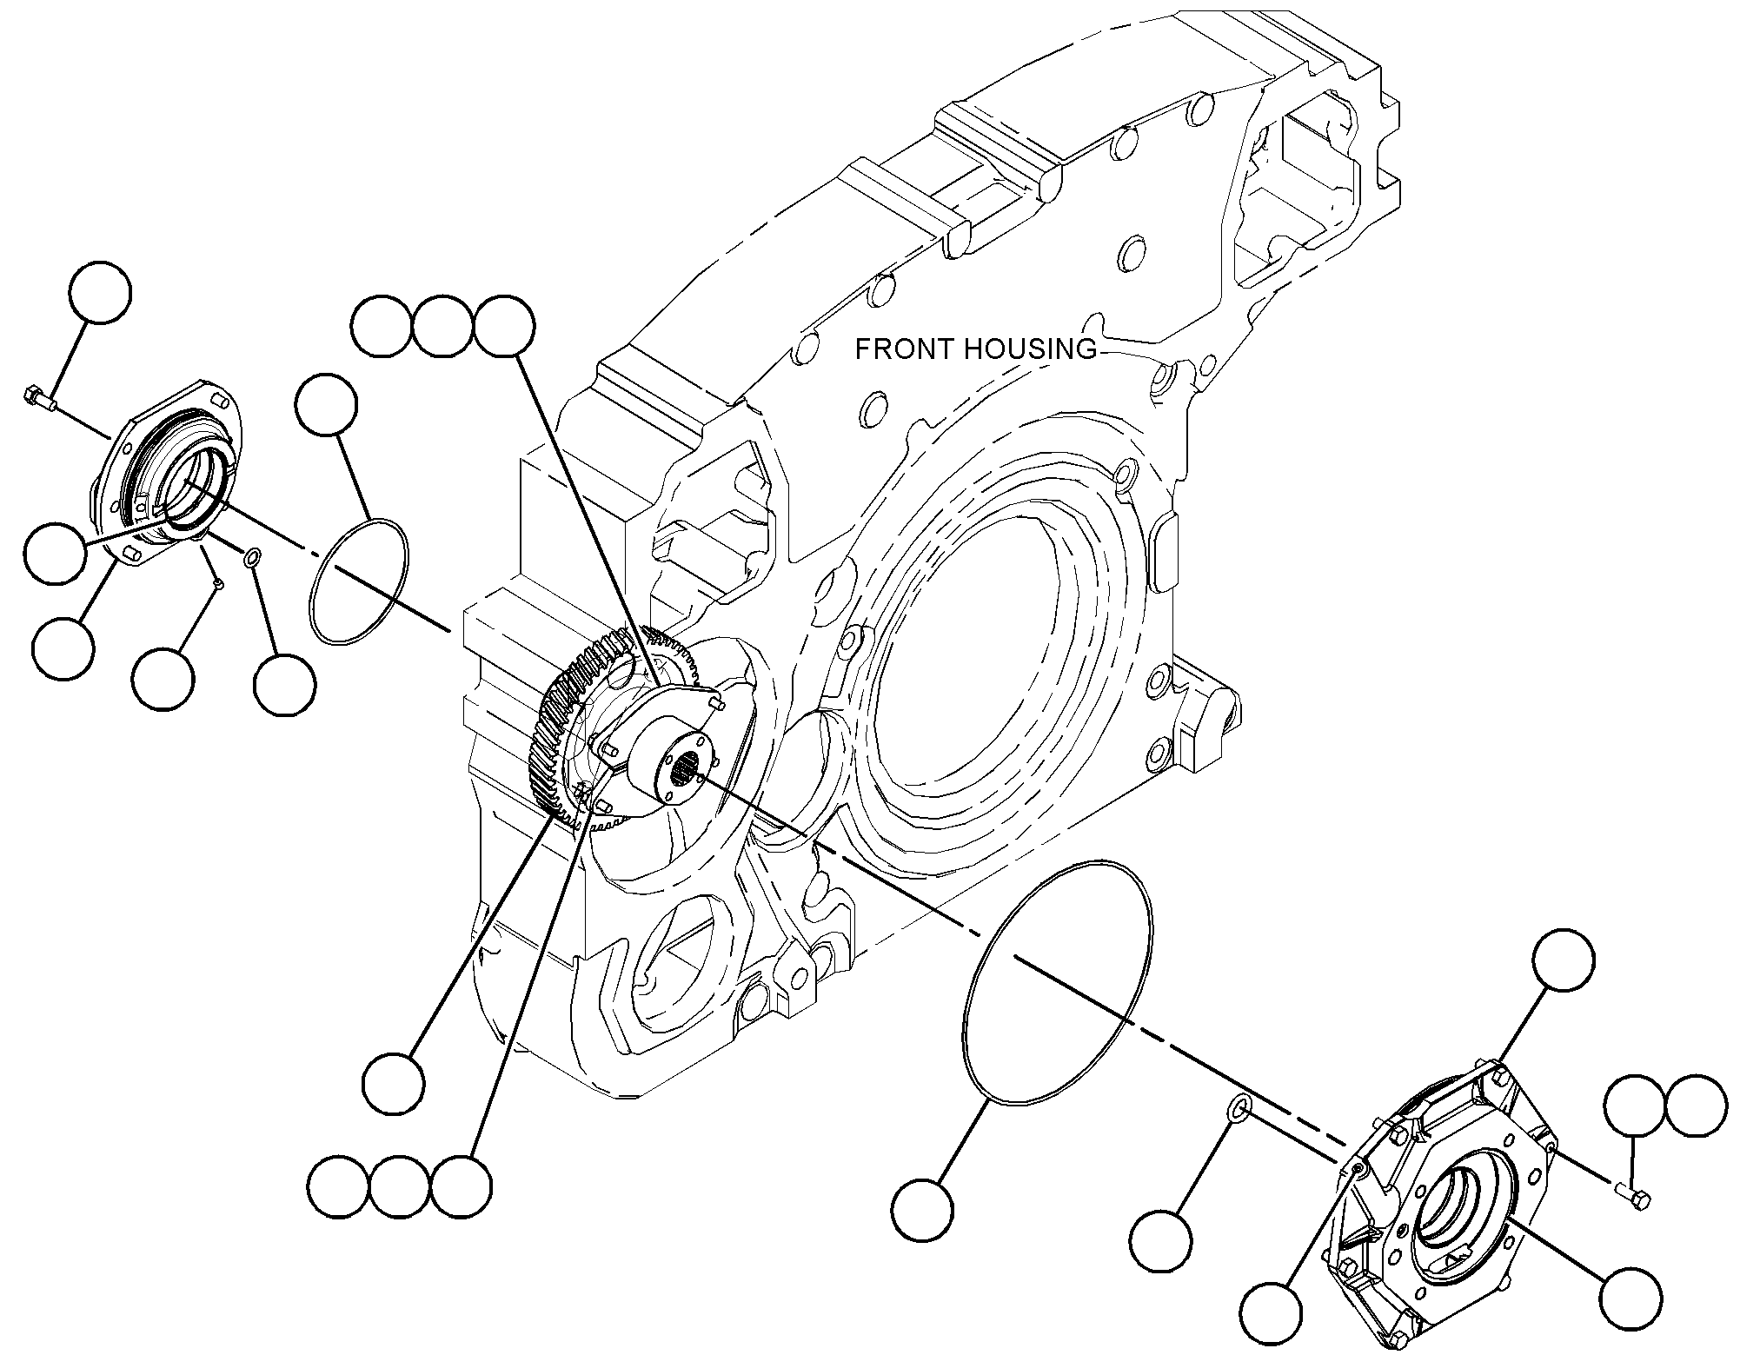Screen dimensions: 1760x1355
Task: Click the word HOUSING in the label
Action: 1029,349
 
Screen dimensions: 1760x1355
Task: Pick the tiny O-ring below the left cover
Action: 251,557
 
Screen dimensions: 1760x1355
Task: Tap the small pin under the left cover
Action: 218,585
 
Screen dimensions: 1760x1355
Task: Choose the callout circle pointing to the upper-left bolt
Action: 101,292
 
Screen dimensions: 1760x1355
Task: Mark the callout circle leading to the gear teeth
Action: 394,1084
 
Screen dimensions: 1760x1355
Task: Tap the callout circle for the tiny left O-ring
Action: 284,685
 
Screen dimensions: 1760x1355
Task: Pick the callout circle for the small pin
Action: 163,679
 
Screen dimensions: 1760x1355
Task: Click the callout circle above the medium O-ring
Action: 326,405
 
